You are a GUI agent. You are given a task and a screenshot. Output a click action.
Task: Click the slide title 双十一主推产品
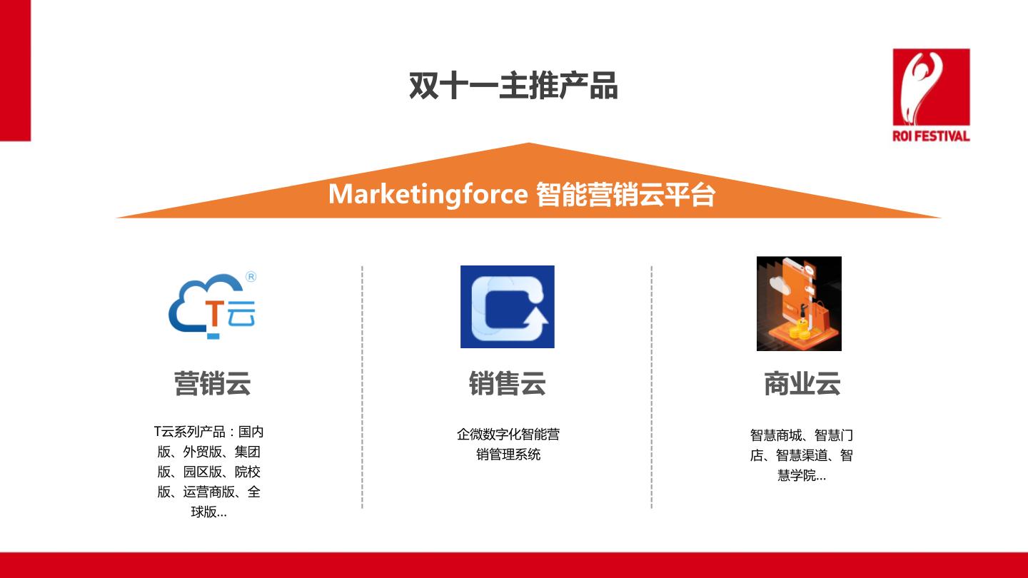[x=513, y=86]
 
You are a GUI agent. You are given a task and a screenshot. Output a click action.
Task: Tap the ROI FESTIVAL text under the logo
[x=931, y=136]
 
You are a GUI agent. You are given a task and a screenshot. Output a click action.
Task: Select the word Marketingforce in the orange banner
[x=428, y=195]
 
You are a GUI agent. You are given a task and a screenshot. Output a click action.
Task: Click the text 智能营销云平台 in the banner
[x=625, y=195]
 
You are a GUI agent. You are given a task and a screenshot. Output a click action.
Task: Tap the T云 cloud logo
[x=213, y=305]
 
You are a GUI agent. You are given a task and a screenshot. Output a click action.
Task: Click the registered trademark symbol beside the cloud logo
[x=251, y=277]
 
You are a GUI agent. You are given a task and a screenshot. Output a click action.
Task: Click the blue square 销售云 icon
[x=507, y=306]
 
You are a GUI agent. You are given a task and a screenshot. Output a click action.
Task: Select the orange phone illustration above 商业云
[x=799, y=304]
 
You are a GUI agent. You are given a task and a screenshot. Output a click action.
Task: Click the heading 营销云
[x=213, y=383]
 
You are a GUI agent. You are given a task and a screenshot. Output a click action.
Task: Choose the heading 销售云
[x=507, y=383]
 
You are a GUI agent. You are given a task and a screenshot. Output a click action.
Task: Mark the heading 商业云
[x=802, y=383]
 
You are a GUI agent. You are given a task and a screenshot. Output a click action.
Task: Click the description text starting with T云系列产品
[x=208, y=472]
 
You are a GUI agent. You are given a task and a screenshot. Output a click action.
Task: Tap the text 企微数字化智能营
[x=508, y=434]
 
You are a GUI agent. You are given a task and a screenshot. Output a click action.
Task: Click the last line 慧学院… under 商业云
[x=802, y=475]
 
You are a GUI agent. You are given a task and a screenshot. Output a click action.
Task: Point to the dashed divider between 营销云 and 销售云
[x=362, y=387]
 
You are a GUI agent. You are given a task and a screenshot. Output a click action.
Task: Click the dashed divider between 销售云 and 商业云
[x=651, y=387]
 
